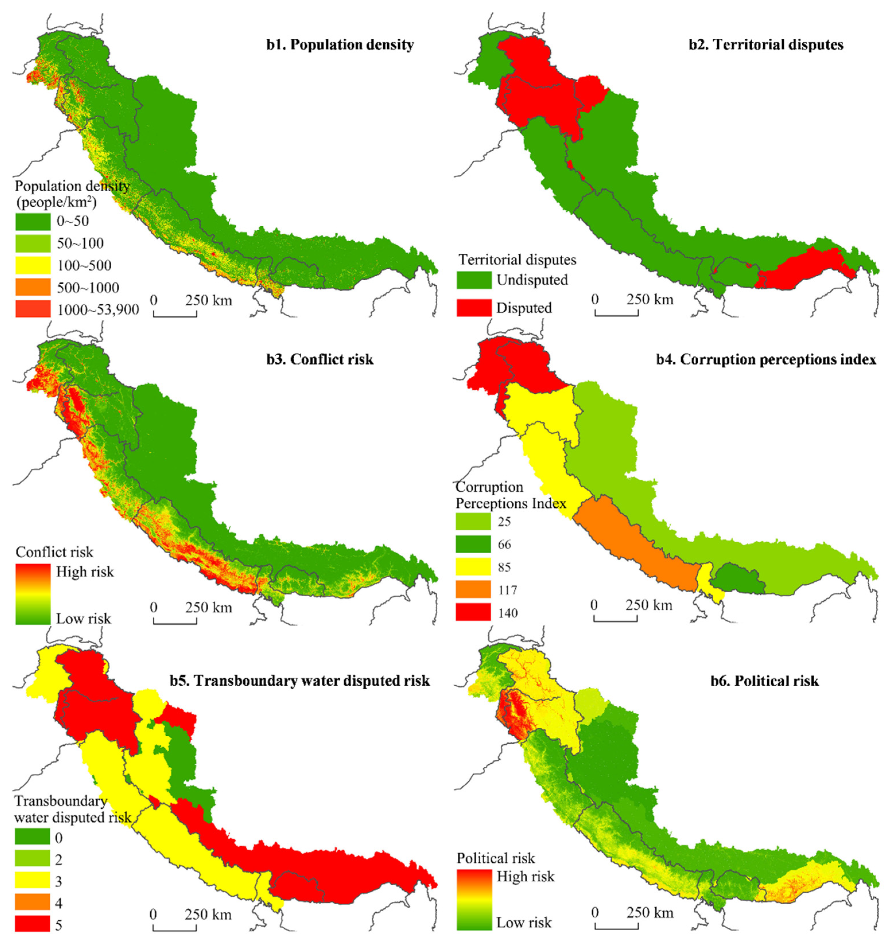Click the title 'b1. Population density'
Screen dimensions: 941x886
pos(339,45)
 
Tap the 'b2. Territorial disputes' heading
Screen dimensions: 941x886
pos(766,45)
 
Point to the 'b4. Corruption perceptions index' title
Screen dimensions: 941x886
pos(766,359)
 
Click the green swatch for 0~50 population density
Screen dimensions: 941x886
pos(33,221)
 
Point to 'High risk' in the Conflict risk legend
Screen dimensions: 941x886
pos(85,572)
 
